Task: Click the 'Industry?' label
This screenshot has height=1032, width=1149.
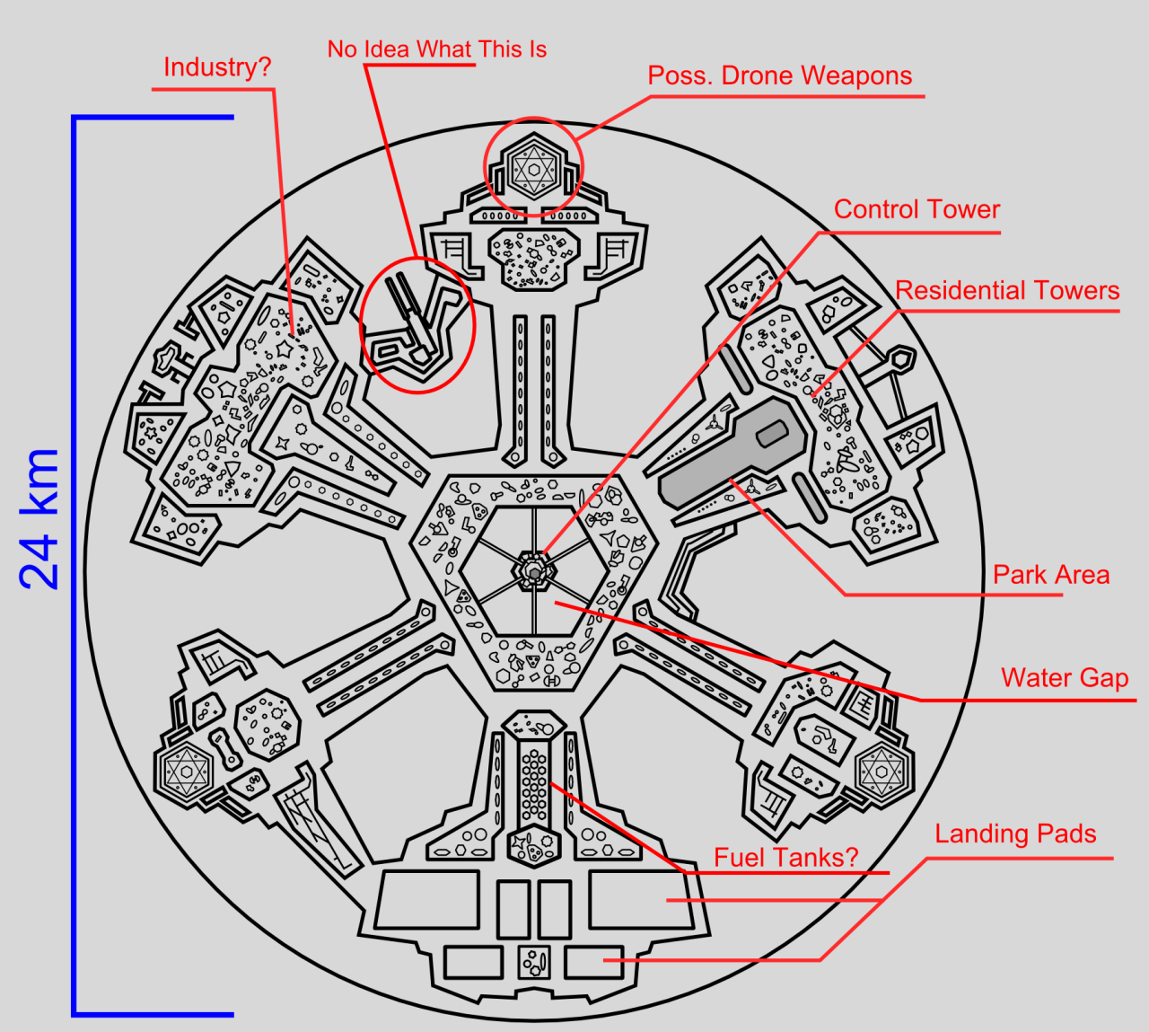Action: pyautogui.click(x=216, y=67)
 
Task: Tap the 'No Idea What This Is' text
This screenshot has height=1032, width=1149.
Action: pyautogui.click(x=436, y=49)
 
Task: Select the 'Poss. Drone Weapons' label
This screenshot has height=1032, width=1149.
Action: pyautogui.click(x=779, y=76)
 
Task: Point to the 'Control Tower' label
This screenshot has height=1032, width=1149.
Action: pyautogui.click(x=917, y=209)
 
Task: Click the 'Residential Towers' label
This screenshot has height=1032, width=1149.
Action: pyautogui.click(x=1007, y=291)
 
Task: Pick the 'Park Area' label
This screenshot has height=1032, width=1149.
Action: pyautogui.click(x=1050, y=575)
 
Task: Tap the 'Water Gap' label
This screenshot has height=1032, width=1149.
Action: pyautogui.click(x=1065, y=678)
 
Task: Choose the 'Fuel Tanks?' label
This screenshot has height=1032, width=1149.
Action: pyautogui.click(x=785, y=858)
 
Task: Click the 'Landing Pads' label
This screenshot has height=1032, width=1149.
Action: pyautogui.click(x=1015, y=834)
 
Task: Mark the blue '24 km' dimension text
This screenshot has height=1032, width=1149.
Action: pyautogui.click(x=40, y=519)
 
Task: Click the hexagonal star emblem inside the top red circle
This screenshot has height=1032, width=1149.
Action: pyautogui.click(x=533, y=168)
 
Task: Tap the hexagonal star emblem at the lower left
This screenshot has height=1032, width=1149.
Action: pyautogui.click(x=186, y=771)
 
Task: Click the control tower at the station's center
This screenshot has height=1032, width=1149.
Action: pyautogui.click(x=534, y=572)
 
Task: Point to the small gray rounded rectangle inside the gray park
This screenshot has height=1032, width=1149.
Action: pyautogui.click(x=772, y=435)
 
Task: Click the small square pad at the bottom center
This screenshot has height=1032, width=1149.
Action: pyautogui.click(x=534, y=963)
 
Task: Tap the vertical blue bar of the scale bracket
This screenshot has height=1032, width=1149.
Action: pyautogui.click(x=75, y=566)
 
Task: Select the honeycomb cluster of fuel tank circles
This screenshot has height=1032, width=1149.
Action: pyautogui.click(x=534, y=781)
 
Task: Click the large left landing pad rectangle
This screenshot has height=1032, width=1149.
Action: pyautogui.click(x=428, y=899)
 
